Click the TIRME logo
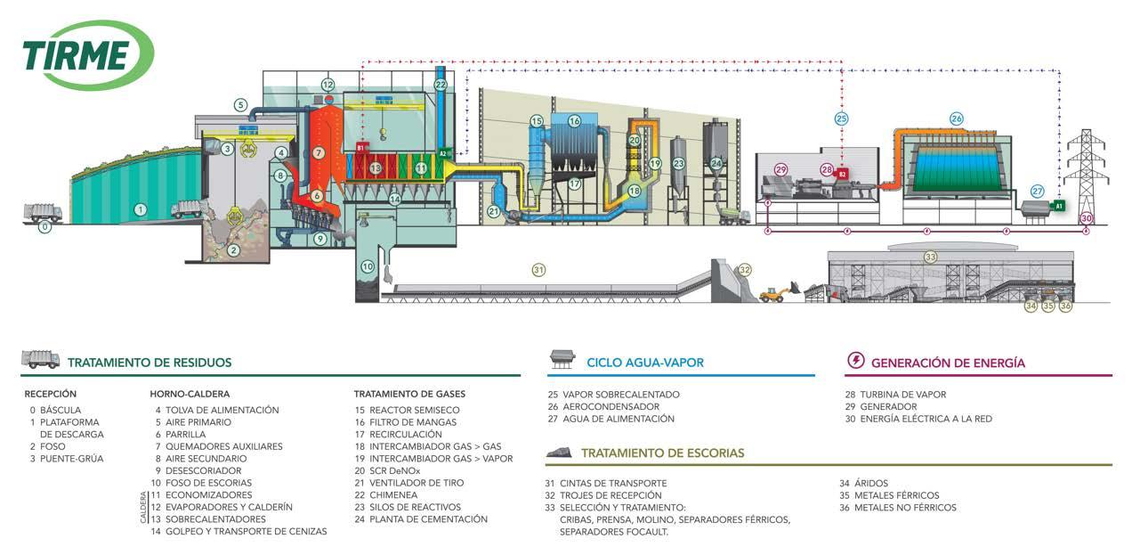[88, 55]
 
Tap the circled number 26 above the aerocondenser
[956, 118]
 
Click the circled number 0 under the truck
[47, 227]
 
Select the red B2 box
[842, 175]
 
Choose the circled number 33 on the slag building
[930, 257]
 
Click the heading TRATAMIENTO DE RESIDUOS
[150, 363]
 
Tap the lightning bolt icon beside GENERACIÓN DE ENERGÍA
[855, 361]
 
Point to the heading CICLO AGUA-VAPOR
[645, 363]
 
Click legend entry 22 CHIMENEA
[392, 495]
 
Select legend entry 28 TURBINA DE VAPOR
[896, 394]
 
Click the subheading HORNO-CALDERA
[190, 394]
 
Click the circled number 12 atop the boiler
[327, 85]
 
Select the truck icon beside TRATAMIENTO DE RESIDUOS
[40, 359]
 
